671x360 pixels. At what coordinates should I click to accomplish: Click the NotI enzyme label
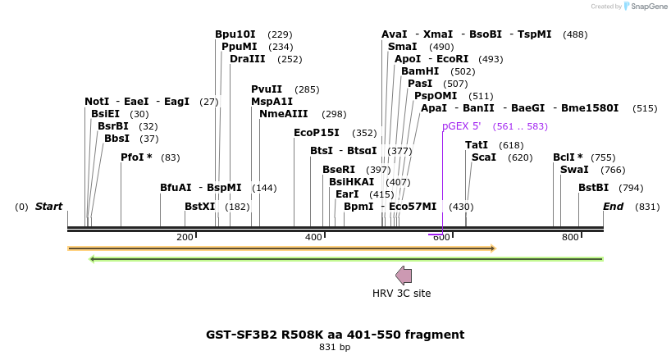tap(97, 102)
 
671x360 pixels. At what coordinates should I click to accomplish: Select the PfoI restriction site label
tap(136, 157)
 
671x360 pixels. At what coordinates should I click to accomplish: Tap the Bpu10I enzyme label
tap(235, 34)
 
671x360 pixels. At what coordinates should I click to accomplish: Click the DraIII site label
tap(247, 59)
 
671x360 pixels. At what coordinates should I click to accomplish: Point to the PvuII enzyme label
tap(267, 89)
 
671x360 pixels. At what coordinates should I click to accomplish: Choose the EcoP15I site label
tap(317, 133)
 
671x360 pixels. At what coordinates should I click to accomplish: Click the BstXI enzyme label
tap(199, 207)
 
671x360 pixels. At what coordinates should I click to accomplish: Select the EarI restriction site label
tap(347, 194)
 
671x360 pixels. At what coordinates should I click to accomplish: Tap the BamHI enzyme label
tap(420, 71)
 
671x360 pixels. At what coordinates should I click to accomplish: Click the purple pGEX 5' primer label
tap(462, 126)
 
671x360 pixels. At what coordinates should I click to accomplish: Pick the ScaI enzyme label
tap(484, 157)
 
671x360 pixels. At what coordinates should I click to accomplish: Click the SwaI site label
tap(574, 170)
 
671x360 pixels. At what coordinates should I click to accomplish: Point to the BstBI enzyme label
tap(593, 188)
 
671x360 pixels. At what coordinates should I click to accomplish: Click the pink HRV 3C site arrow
tap(404, 275)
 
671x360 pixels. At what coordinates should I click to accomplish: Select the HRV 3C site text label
tap(401, 294)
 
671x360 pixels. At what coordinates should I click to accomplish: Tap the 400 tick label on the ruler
tap(313, 237)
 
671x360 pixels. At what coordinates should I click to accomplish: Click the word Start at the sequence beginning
tap(48, 207)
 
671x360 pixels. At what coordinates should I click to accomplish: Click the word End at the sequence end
tap(614, 207)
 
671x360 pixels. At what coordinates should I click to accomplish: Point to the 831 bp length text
tap(335, 348)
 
